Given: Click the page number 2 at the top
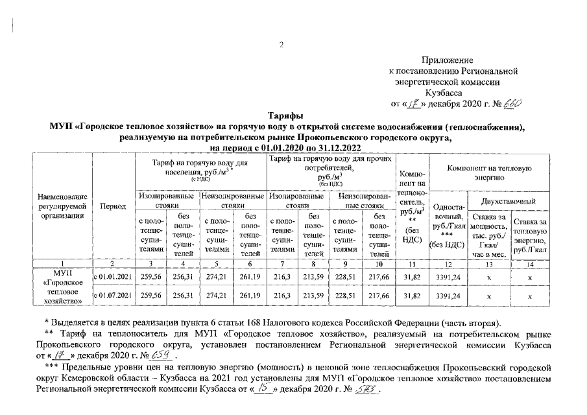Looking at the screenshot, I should click(x=282, y=45).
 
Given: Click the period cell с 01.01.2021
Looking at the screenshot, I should click(x=114, y=276).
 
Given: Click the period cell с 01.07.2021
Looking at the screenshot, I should click(x=114, y=296).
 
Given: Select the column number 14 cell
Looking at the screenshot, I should click(x=530, y=264).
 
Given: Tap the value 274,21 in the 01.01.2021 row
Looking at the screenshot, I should click(x=215, y=276).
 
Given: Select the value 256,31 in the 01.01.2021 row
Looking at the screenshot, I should click(x=184, y=276).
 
